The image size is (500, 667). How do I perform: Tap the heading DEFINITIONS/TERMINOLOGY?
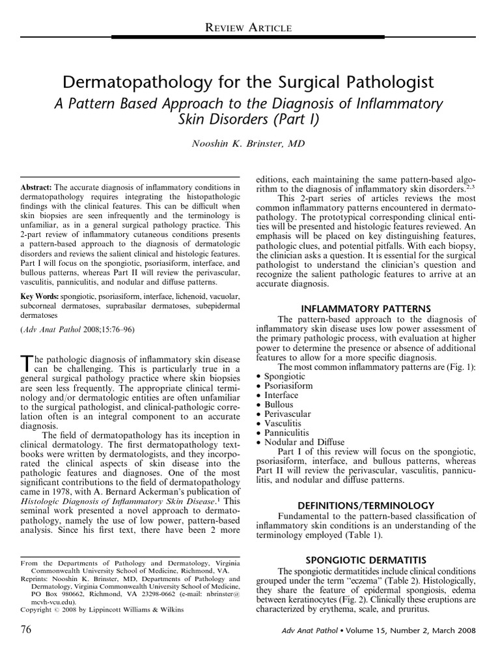[x=367, y=505]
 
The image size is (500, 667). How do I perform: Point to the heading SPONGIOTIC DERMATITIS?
[x=367, y=560]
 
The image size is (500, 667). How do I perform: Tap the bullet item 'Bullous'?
[x=279, y=404]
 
